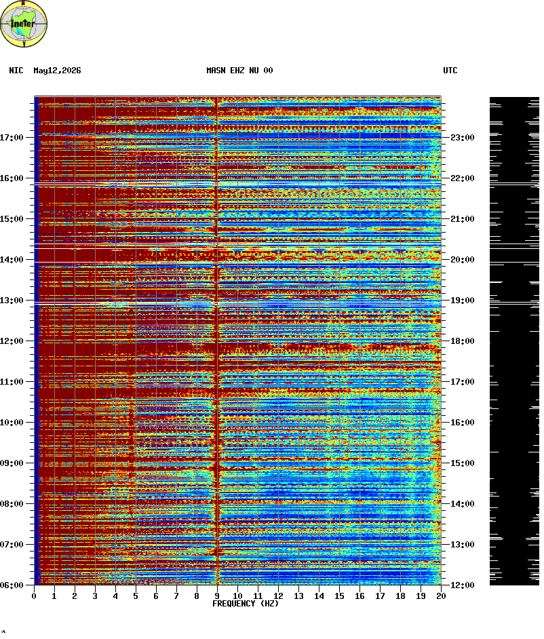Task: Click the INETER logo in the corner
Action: [24, 24]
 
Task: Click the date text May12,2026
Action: [57, 71]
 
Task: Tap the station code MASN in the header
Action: [216, 71]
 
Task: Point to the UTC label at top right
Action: [450, 71]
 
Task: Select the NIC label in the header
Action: [16, 71]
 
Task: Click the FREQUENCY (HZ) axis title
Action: [246, 604]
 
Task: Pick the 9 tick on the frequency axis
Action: [217, 596]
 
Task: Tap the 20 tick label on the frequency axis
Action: [441, 596]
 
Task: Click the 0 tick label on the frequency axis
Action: [34, 596]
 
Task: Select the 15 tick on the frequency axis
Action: [339, 596]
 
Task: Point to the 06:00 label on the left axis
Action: [12, 585]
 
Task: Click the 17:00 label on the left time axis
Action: [12, 137]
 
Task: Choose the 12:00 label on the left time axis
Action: [12, 341]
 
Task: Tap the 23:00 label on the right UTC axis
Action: [463, 137]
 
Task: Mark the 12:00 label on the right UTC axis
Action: [463, 585]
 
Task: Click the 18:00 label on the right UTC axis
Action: [463, 341]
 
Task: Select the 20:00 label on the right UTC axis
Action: [463, 260]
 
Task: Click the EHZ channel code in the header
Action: [237, 71]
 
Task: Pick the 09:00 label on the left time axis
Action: [12, 463]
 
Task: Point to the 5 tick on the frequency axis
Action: [136, 596]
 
